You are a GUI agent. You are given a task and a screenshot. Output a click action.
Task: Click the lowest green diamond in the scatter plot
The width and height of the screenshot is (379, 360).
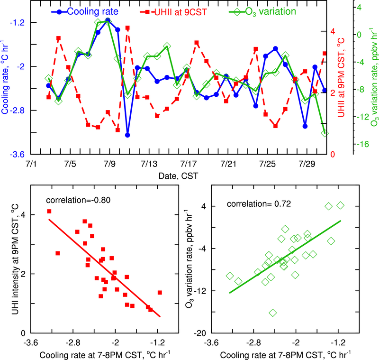(x=272, y=313)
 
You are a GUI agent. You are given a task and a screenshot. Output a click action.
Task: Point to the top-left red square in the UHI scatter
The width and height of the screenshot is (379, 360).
(x=49, y=212)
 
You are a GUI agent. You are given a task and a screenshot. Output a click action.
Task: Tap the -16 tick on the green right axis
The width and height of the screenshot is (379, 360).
(x=362, y=145)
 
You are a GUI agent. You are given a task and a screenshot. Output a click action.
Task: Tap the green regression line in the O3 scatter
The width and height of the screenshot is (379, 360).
(x=284, y=257)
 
